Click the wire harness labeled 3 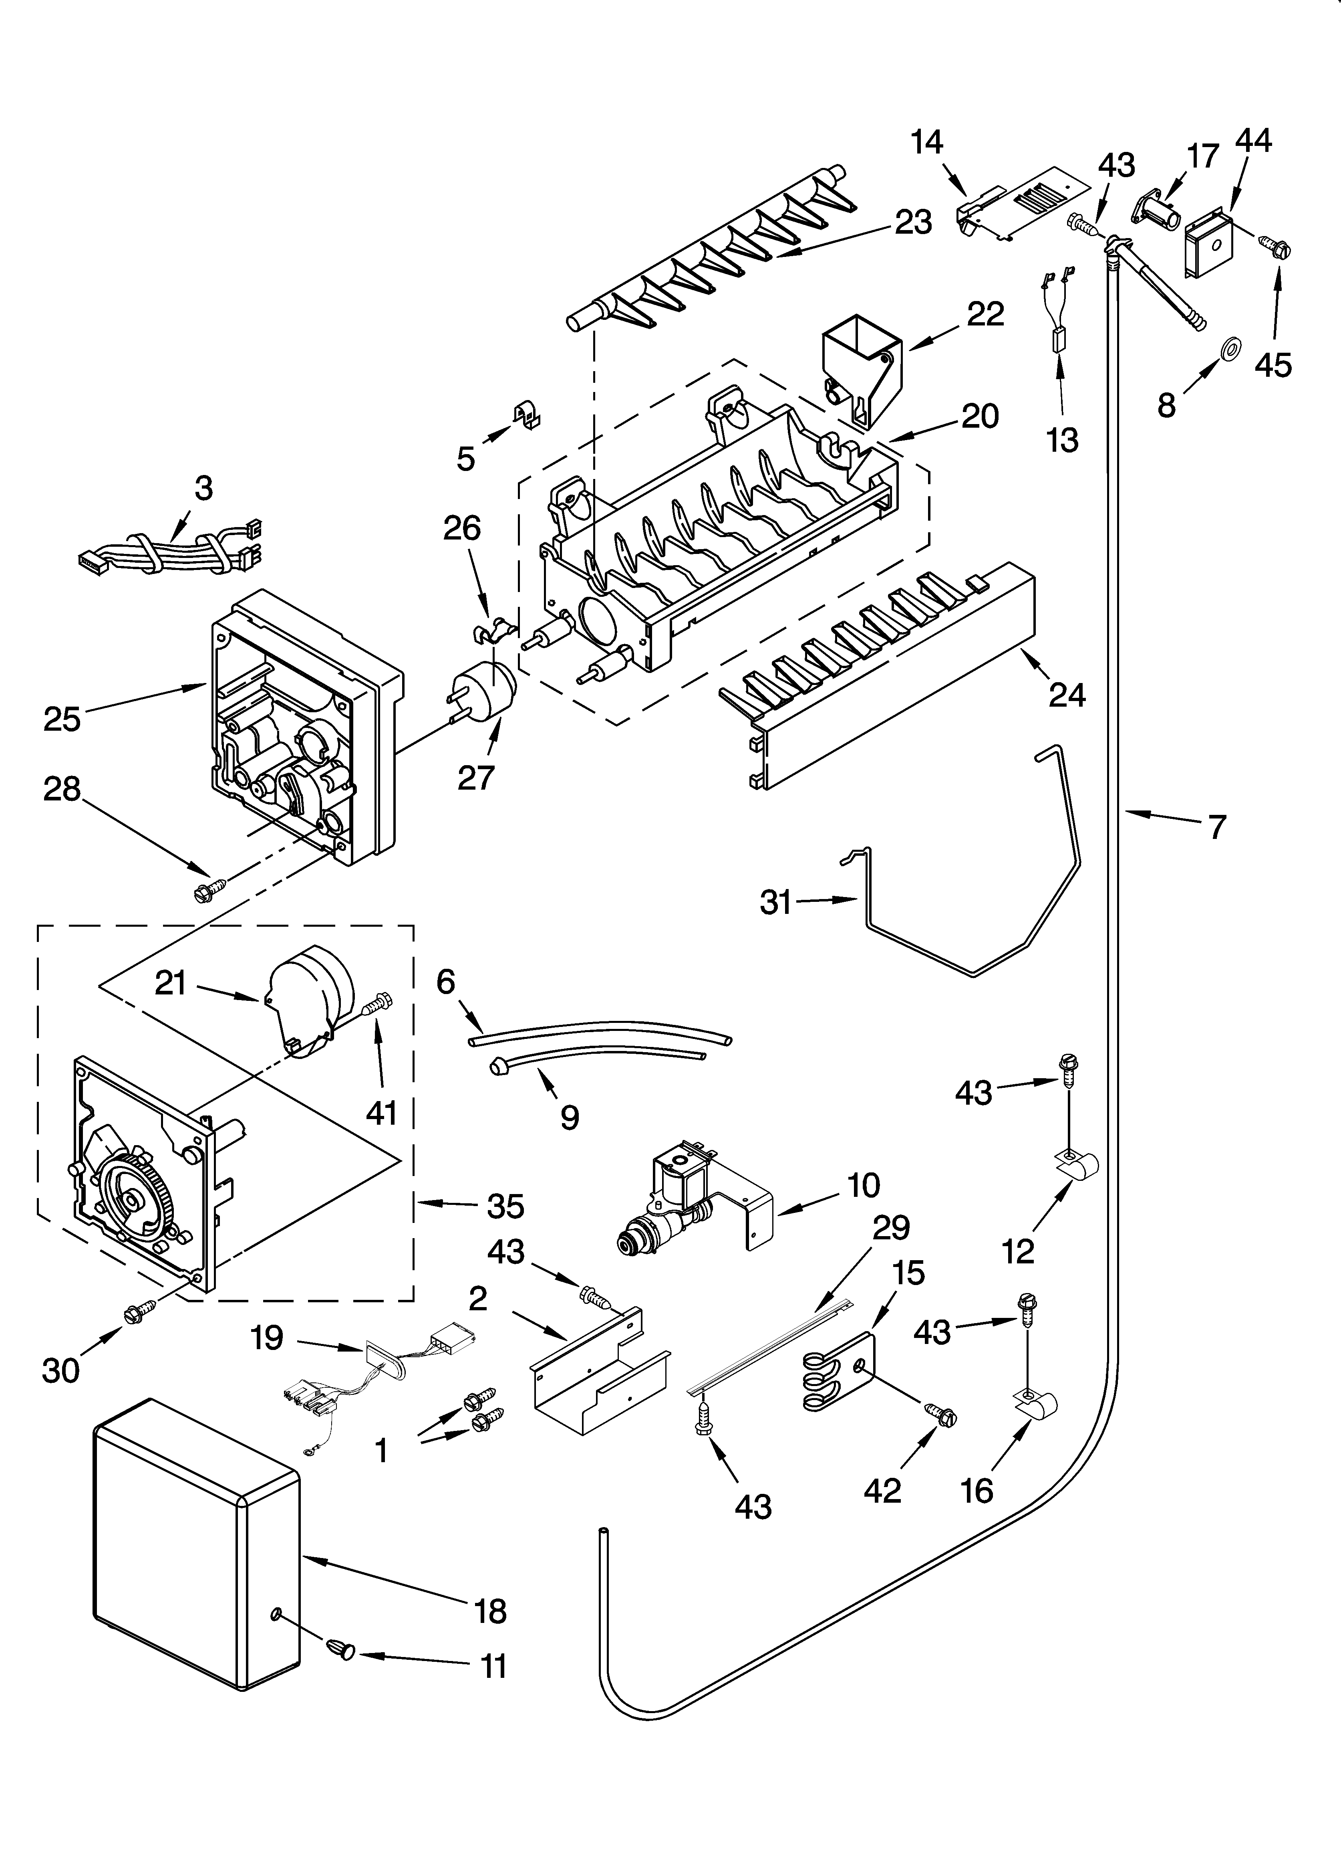pyautogui.click(x=171, y=552)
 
